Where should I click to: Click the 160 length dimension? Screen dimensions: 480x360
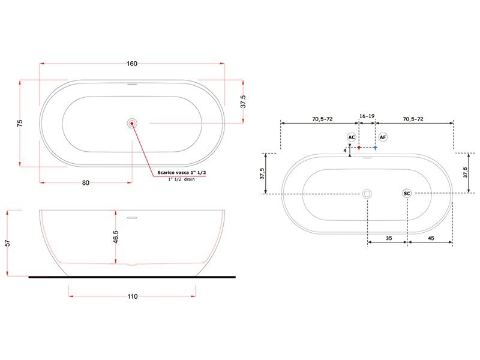coord(132,64)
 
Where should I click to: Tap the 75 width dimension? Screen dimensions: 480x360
coord(20,123)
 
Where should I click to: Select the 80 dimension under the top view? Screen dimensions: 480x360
coord(86,183)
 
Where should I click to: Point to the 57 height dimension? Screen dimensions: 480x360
coord(8,243)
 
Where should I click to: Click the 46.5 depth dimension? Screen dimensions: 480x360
coord(116,237)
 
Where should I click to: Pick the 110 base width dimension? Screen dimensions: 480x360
coord(133,296)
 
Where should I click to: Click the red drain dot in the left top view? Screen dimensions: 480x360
coord(132,124)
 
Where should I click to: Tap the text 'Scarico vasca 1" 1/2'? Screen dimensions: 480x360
coord(182,173)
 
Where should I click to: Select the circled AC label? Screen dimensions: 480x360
coord(352,137)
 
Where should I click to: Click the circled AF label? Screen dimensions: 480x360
coord(383,137)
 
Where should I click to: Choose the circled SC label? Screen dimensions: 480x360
coord(407,193)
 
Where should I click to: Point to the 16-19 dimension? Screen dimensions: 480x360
coord(367,116)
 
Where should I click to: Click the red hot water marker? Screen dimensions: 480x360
coord(359,148)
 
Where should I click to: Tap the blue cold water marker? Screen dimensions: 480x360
coord(376,148)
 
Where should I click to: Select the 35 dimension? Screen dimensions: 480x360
coord(389,238)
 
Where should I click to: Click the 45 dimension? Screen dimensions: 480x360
coord(431,238)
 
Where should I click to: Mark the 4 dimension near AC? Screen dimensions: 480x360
coord(345,151)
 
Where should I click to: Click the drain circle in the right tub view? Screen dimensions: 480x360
coord(367,194)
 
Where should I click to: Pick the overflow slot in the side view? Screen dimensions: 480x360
coord(132,218)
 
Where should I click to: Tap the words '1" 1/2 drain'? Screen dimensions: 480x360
coord(181,179)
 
